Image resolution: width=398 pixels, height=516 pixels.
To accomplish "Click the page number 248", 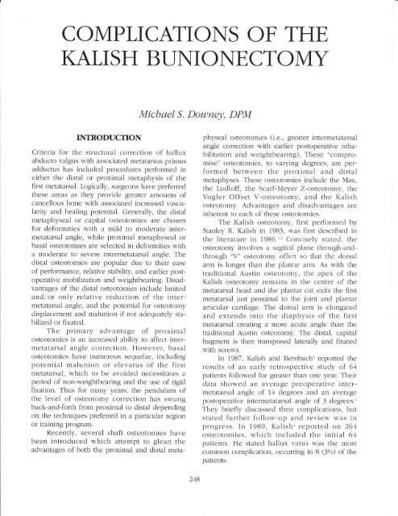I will click(x=199, y=501).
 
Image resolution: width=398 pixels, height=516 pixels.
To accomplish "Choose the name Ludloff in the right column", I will click(x=254, y=243).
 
